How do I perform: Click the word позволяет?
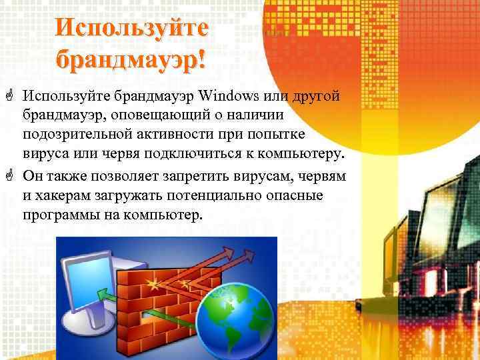click(x=136, y=176)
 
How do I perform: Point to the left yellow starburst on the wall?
click(x=159, y=285)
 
